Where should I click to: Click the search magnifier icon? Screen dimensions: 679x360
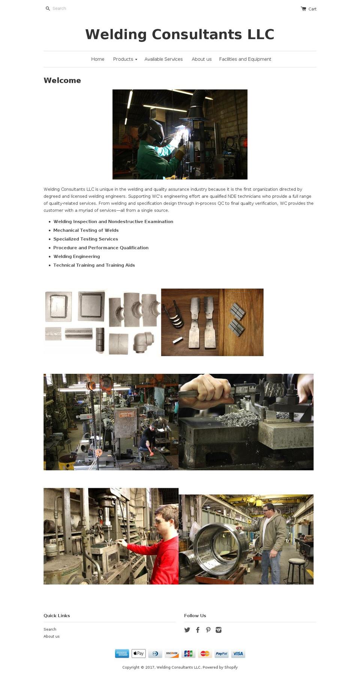click(x=48, y=9)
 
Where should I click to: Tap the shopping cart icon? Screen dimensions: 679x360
click(x=303, y=9)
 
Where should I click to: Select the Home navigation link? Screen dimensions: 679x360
click(x=97, y=59)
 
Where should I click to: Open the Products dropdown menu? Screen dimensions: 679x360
click(x=125, y=59)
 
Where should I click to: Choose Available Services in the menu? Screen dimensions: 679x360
click(x=163, y=59)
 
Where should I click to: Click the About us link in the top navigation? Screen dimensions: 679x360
click(x=201, y=59)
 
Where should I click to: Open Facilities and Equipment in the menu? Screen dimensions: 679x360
click(x=245, y=59)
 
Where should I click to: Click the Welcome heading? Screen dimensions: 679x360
click(x=62, y=80)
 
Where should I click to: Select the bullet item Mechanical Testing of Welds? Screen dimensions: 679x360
click(x=86, y=230)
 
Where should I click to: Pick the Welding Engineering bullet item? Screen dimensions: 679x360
click(x=76, y=256)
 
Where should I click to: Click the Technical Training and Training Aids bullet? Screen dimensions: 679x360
click(x=94, y=265)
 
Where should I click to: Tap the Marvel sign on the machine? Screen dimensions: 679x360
click(x=126, y=414)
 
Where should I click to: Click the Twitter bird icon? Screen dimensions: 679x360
click(x=187, y=630)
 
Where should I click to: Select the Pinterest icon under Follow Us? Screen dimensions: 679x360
click(x=208, y=630)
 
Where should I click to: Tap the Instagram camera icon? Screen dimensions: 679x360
click(x=219, y=630)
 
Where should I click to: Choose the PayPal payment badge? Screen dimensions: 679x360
click(x=221, y=654)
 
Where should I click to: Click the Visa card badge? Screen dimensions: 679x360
click(x=238, y=654)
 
